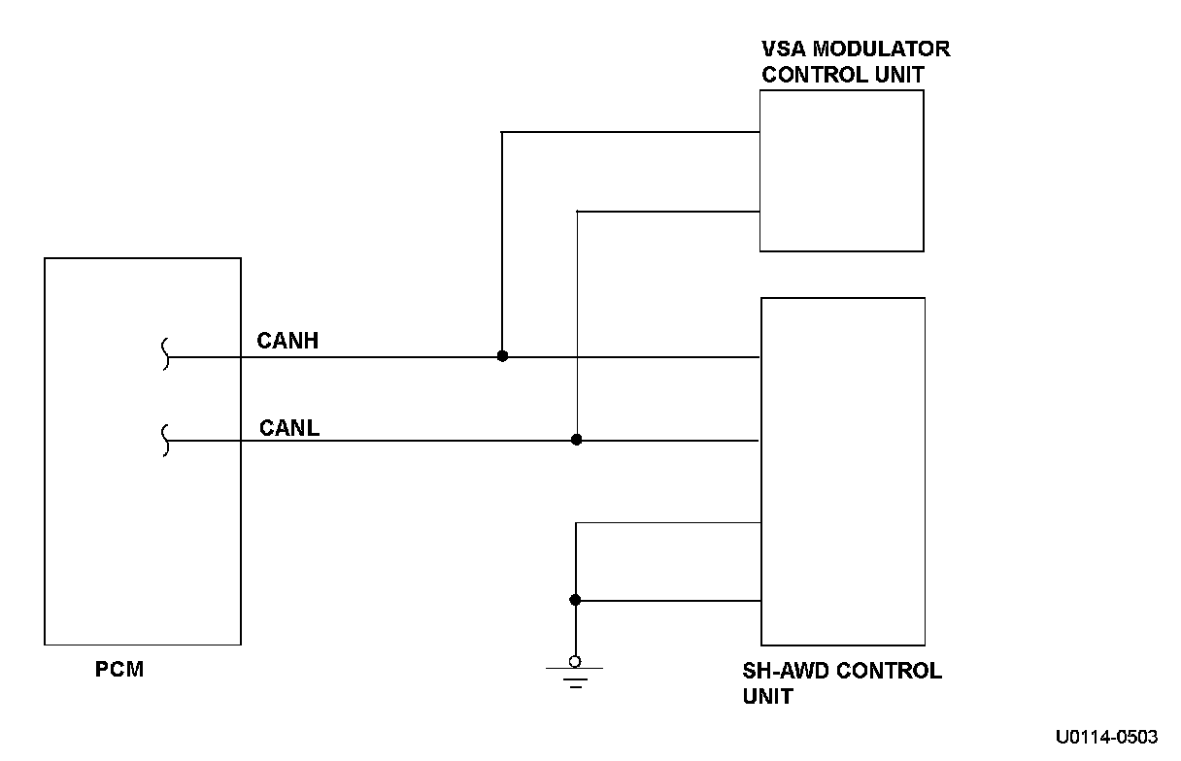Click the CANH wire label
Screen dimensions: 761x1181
click(287, 341)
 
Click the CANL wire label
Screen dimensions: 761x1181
click(289, 427)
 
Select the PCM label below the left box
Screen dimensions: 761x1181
click(119, 669)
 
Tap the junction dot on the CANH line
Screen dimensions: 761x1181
click(502, 356)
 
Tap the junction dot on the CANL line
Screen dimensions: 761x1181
click(576, 440)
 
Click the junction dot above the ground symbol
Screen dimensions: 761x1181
click(575, 600)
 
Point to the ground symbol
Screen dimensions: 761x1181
click(575, 674)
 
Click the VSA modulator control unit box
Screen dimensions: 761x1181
click(841, 171)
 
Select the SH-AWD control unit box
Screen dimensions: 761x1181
click(842, 472)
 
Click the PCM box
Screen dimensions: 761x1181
click(142, 450)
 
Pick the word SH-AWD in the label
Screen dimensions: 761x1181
click(783, 671)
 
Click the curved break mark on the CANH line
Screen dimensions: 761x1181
click(165, 354)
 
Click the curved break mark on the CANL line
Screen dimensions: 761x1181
click(165, 440)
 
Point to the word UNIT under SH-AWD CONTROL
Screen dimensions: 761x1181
click(767, 696)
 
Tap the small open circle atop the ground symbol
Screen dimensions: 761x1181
click(575, 661)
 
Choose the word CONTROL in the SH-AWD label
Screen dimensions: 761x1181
click(885, 671)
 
